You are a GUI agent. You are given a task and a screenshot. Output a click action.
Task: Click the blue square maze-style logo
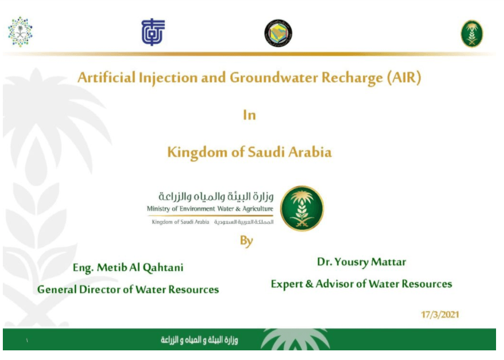click(x=153, y=32)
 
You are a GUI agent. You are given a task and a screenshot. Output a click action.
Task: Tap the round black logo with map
click(x=278, y=33)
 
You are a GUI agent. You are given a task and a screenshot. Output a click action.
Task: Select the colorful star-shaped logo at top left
click(x=20, y=32)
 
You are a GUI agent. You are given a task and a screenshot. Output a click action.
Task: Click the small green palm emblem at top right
click(x=472, y=34)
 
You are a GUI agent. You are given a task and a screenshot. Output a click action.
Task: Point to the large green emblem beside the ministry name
click(x=302, y=208)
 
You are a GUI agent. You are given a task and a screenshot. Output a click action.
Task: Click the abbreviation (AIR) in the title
click(x=404, y=78)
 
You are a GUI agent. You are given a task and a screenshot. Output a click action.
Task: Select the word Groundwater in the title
click(x=273, y=78)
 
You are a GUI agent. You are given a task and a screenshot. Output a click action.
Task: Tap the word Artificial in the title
click(x=106, y=78)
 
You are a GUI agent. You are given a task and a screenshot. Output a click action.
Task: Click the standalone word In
click(x=249, y=115)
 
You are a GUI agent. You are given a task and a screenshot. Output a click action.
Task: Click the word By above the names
click(x=247, y=241)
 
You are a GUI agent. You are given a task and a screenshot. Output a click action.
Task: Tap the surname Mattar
click(x=388, y=262)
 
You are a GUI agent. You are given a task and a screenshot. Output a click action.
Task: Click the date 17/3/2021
click(x=440, y=315)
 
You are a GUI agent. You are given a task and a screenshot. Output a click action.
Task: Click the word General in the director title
click(x=57, y=290)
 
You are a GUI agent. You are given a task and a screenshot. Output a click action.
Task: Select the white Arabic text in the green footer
click(x=199, y=340)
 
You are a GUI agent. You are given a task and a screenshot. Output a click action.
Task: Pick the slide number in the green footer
click(x=27, y=341)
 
